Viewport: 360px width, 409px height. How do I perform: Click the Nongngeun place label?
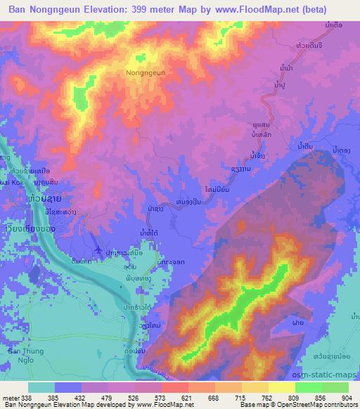pos(146,72)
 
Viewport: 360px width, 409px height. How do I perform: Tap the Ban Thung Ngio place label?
pos(26,355)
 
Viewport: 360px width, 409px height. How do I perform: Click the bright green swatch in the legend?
pos(314,387)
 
